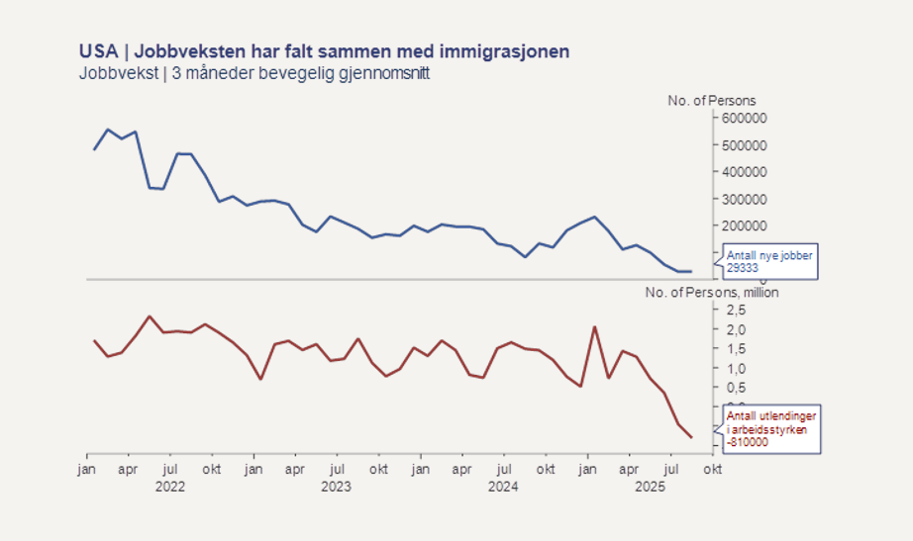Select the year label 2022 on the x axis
coord(170,486)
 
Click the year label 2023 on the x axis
coord(338,486)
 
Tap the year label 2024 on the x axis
coord(504,486)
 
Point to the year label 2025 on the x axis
coord(651,486)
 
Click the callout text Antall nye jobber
coord(769,256)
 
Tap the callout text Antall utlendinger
coord(769,415)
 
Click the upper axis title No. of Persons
coord(711,101)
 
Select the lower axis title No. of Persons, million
coord(711,293)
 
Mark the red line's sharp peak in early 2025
coord(594,327)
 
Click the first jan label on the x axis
coord(87,470)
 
